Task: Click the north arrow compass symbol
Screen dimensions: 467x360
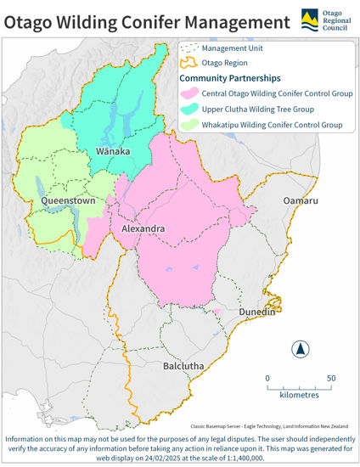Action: [x=301, y=348]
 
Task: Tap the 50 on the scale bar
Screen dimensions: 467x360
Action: [x=331, y=379]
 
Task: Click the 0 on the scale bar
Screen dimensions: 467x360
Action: [x=267, y=379]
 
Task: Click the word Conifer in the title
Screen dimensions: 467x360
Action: [x=144, y=20]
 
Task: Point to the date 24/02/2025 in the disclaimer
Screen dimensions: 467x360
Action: [x=143, y=457]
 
